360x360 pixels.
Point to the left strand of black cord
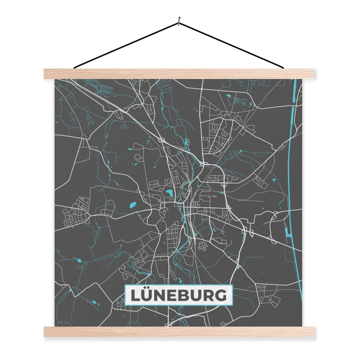pyautogui.click(x=127, y=45)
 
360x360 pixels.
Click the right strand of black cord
pyautogui.click(x=232, y=45)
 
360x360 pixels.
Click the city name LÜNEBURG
pyautogui.click(x=179, y=295)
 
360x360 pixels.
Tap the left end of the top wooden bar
pyautogui.click(x=46, y=73)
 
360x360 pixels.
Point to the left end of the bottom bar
pyautogui.click(x=46, y=332)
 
